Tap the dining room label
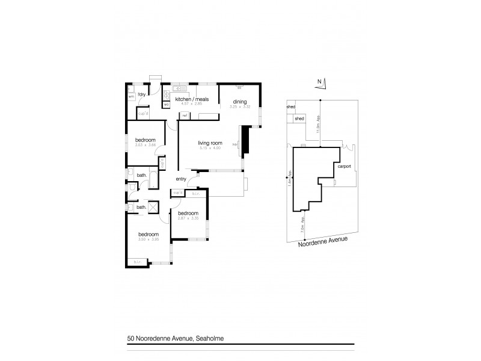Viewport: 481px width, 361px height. [240, 102]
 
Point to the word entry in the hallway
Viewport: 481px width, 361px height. [181, 179]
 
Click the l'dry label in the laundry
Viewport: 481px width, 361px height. [142, 95]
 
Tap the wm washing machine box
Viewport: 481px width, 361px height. [131, 96]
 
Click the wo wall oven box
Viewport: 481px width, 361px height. [166, 103]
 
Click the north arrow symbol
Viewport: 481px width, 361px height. [320, 84]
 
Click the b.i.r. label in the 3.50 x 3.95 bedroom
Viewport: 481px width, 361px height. [136, 261]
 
